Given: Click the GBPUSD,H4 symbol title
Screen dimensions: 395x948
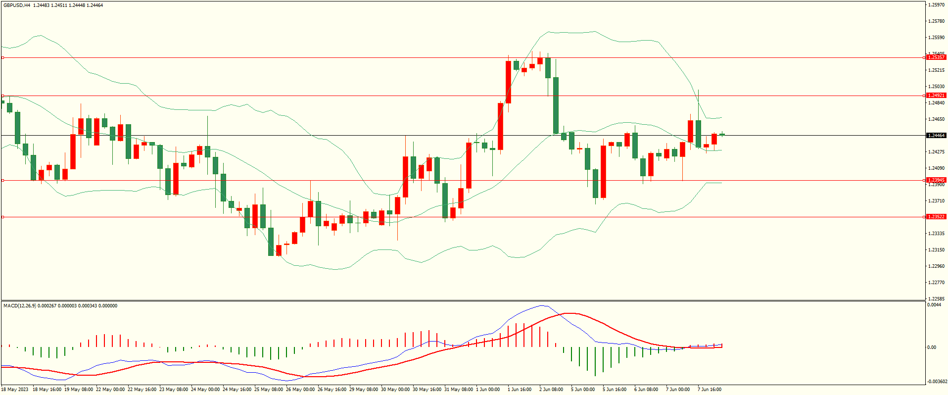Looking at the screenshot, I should pyautogui.click(x=17, y=5).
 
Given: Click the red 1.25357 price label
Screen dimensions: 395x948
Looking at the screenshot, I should pyautogui.click(x=936, y=57).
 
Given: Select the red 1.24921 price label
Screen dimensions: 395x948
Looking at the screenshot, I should pyautogui.click(x=936, y=96).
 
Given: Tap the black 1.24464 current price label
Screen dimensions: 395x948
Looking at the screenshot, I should pyautogui.click(x=936, y=136).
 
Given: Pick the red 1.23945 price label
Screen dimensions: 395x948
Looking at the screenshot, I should pyautogui.click(x=936, y=180).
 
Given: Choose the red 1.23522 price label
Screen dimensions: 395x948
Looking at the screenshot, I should pyautogui.click(x=936, y=217).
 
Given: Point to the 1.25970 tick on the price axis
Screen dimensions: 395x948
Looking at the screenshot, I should pyautogui.click(x=937, y=5).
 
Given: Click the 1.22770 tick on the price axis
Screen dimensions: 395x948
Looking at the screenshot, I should pyautogui.click(x=937, y=283).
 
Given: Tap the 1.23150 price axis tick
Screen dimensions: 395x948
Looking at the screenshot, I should pyautogui.click(x=937, y=250).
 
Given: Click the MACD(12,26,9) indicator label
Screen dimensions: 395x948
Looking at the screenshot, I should pyautogui.click(x=20, y=306).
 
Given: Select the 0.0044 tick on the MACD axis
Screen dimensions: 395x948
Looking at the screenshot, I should pyautogui.click(x=934, y=305).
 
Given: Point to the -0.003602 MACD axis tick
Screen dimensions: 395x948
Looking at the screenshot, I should pyautogui.click(x=937, y=382).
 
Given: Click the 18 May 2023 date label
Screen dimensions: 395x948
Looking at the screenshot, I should pyautogui.click(x=15, y=390).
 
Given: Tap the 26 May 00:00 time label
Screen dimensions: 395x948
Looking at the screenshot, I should pyautogui.click(x=301, y=390).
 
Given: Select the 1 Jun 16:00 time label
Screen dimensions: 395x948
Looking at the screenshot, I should pyautogui.click(x=519, y=390).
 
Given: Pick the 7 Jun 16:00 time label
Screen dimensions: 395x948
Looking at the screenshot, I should pyautogui.click(x=709, y=390).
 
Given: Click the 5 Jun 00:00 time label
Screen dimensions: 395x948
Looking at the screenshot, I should pyautogui.click(x=582, y=390).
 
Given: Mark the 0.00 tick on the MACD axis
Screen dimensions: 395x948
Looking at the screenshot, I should pyautogui.click(x=932, y=347).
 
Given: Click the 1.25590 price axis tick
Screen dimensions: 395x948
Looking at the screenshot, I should pyautogui.click(x=937, y=38).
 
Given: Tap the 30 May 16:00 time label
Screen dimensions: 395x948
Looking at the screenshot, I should pyautogui.click(x=427, y=390).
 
